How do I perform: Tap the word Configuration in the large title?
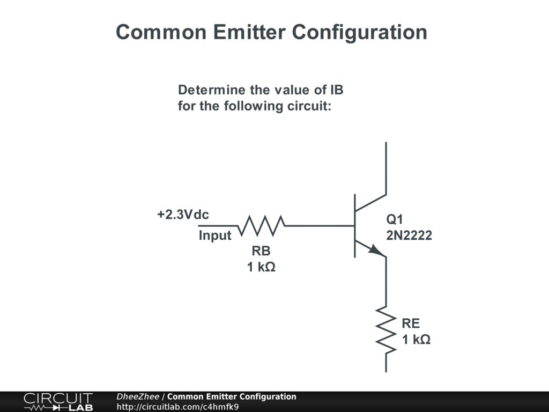click(360, 32)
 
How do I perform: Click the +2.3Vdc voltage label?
click(183, 215)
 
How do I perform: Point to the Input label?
click(215, 236)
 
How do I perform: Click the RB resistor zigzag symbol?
click(261, 226)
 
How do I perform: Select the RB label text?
click(261, 251)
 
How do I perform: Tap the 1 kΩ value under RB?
click(261, 267)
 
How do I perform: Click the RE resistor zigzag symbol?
click(386, 329)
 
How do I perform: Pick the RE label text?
click(411, 323)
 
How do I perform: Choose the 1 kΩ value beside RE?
click(417, 340)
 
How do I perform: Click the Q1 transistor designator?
click(395, 219)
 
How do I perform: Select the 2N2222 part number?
click(409, 235)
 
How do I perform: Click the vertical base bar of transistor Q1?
click(354, 226)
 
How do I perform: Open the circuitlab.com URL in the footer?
click(177, 407)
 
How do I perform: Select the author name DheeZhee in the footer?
click(138, 397)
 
